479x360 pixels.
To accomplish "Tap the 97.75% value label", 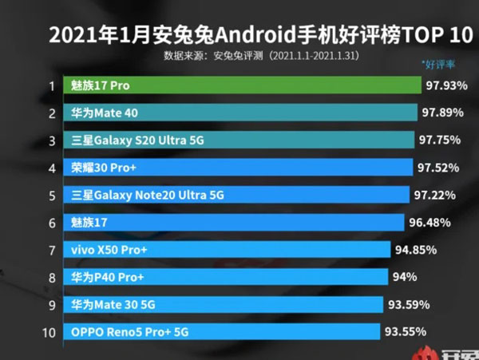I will [440, 140].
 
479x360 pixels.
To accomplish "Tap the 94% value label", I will [405, 278].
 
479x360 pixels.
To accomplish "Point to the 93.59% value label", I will [408, 305].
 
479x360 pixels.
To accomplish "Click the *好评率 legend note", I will [439, 62].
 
